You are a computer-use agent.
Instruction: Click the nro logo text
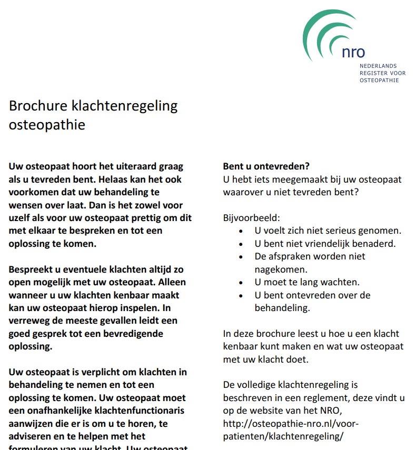point(353,52)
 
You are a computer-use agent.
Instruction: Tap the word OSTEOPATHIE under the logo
point(379,81)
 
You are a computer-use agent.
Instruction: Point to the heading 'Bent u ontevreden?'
point(266,166)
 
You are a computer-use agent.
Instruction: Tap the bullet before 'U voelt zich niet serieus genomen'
point(241,231)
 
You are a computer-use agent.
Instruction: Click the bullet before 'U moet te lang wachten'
point(241,283)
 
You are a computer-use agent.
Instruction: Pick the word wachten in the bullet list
point(342,282)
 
